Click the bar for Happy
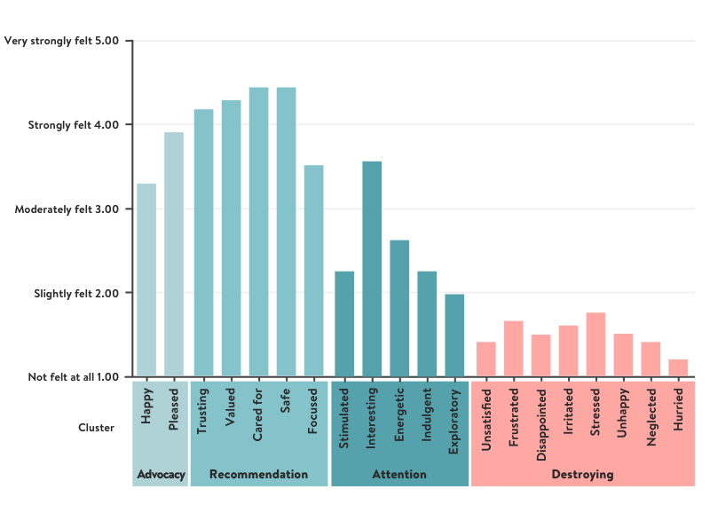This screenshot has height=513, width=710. (x=146, y=280)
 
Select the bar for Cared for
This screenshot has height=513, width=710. (x=258, y=232)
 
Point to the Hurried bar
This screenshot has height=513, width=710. (x=678, y=367)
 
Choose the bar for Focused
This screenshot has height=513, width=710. (x=313, y=271)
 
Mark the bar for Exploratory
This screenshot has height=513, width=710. (x=454, y=335)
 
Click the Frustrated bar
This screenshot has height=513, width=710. (x=513, y=349)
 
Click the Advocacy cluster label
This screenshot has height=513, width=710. (x=162, y=475)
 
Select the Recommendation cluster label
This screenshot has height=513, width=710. (x=258, y=475)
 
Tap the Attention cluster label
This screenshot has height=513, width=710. (x=399, y=475)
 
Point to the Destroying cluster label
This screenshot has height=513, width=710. (x=582, y=475)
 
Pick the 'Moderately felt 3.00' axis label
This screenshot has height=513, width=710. (x=67, y=209)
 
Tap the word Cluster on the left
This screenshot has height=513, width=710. (x=97, y=427)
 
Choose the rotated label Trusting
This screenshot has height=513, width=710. (x=202, y=410)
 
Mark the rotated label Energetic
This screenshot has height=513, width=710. (x=399, y=413)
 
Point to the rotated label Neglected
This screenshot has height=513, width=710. (x=651, y=415)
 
